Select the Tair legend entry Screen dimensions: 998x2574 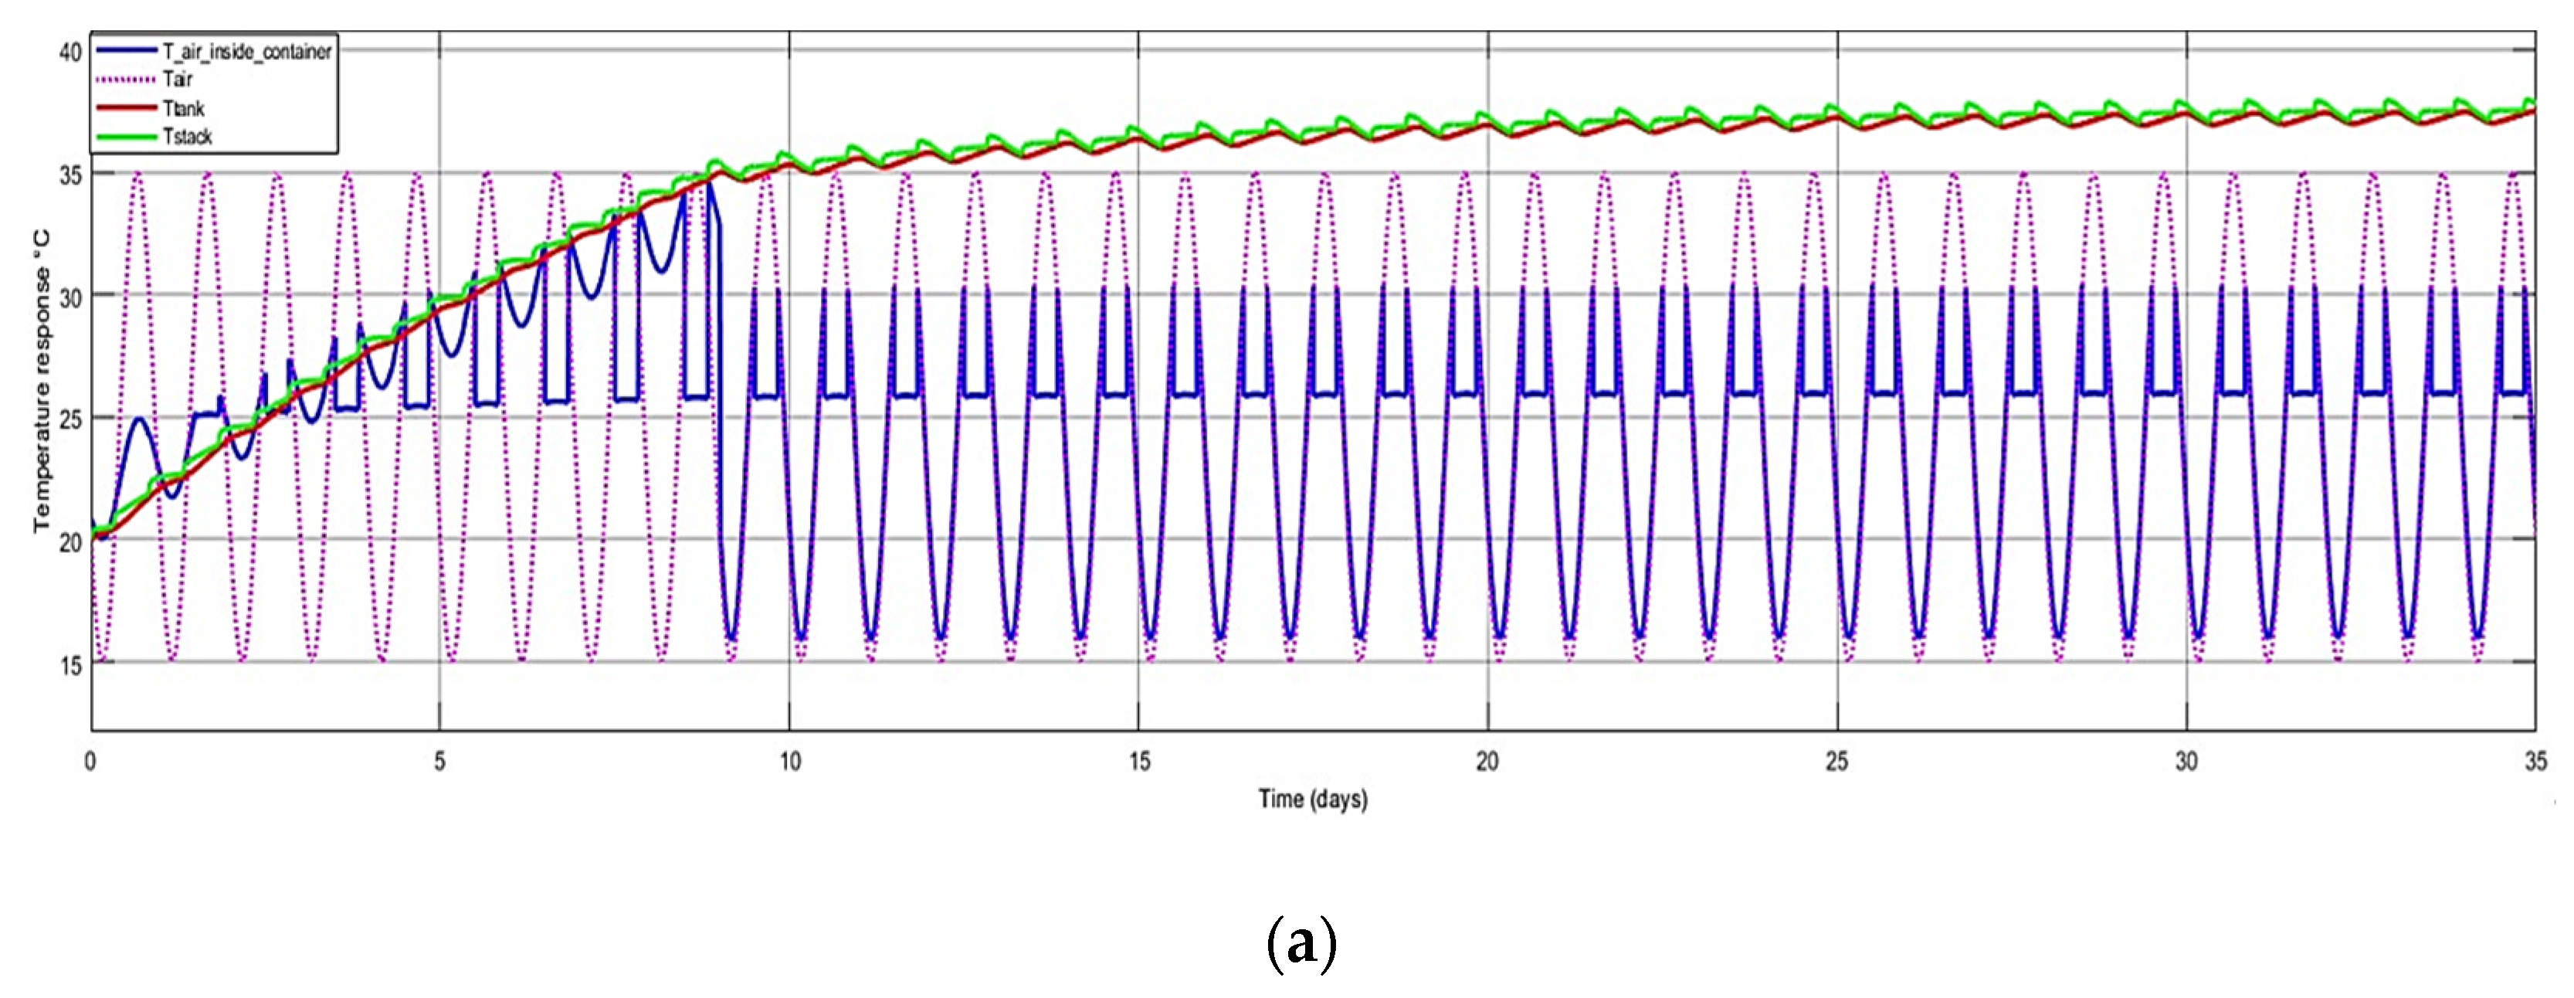(x=177, y=79)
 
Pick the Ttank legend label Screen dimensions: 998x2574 (x=183, y=108)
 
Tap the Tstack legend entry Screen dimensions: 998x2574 (x=187, y=137)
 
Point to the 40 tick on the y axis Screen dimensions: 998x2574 (x=70, y=52)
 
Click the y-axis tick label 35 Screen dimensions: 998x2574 (x=70, y=175)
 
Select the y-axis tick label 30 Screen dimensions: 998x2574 (x=70, y=297)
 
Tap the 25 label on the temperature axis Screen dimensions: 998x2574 (x=70, y=419)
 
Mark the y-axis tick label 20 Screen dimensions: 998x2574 (x=70, y=542)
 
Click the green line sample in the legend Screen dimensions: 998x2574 (x=126, y=137)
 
